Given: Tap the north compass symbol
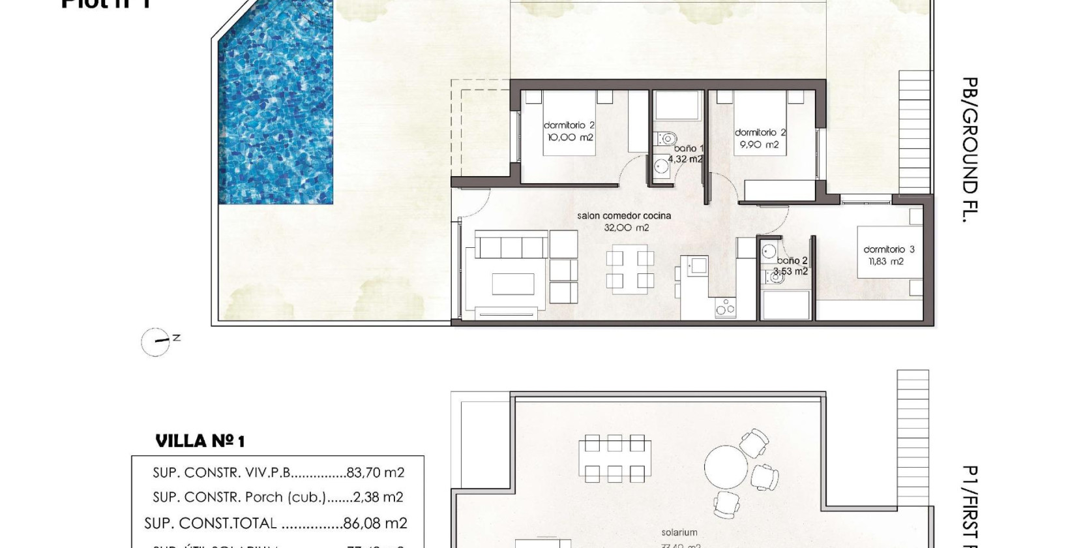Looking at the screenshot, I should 156,342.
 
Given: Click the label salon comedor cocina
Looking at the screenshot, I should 623,216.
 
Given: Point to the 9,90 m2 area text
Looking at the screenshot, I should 759,145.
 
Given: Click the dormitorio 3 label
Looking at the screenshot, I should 888,249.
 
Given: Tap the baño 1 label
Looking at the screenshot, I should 689,149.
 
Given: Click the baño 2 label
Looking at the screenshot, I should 792,260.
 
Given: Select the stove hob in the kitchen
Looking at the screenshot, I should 725,307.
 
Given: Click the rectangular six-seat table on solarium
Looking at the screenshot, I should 614,459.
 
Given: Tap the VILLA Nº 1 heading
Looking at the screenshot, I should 200,442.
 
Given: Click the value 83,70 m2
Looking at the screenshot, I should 376,472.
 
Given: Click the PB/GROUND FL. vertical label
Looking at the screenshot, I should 970,150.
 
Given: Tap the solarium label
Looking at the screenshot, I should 679,532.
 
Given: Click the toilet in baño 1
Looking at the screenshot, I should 667,138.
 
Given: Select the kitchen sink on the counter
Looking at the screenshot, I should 699,265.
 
